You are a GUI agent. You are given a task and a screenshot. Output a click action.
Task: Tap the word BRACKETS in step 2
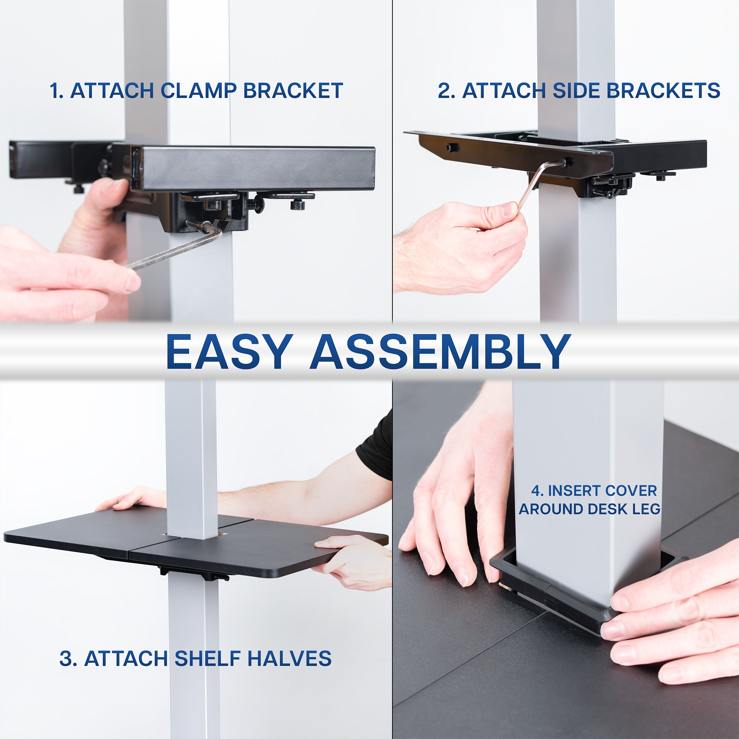pos(663,91)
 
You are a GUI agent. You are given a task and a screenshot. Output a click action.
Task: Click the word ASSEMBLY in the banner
pos(440,352)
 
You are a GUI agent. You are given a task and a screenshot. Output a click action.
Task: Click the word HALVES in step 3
pos(289,658)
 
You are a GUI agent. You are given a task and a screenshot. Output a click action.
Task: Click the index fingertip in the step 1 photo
pos(132,283)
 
